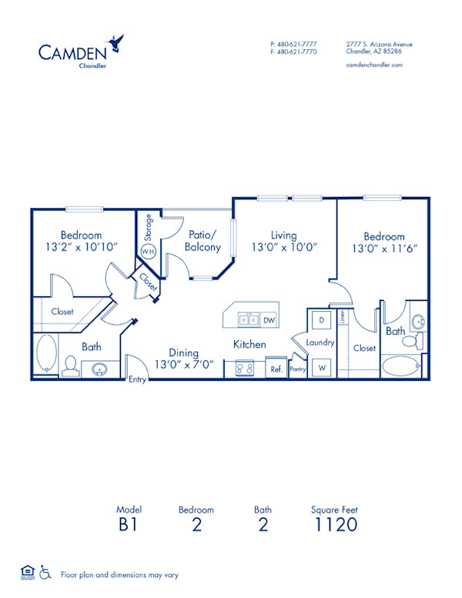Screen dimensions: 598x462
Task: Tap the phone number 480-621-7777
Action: (296, 44)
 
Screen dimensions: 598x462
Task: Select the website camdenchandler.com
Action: (374, 65)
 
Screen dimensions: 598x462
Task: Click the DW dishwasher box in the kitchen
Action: (269, 319)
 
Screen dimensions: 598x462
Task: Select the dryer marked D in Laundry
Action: (320, 319)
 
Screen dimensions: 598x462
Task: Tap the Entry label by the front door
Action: (137, 379)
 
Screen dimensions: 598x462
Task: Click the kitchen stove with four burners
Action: (245, 369)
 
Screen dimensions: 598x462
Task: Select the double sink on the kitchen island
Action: (248, 319)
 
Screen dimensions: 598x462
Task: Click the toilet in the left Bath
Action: (70, 365)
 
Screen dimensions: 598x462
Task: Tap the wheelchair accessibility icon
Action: (45, 573)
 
